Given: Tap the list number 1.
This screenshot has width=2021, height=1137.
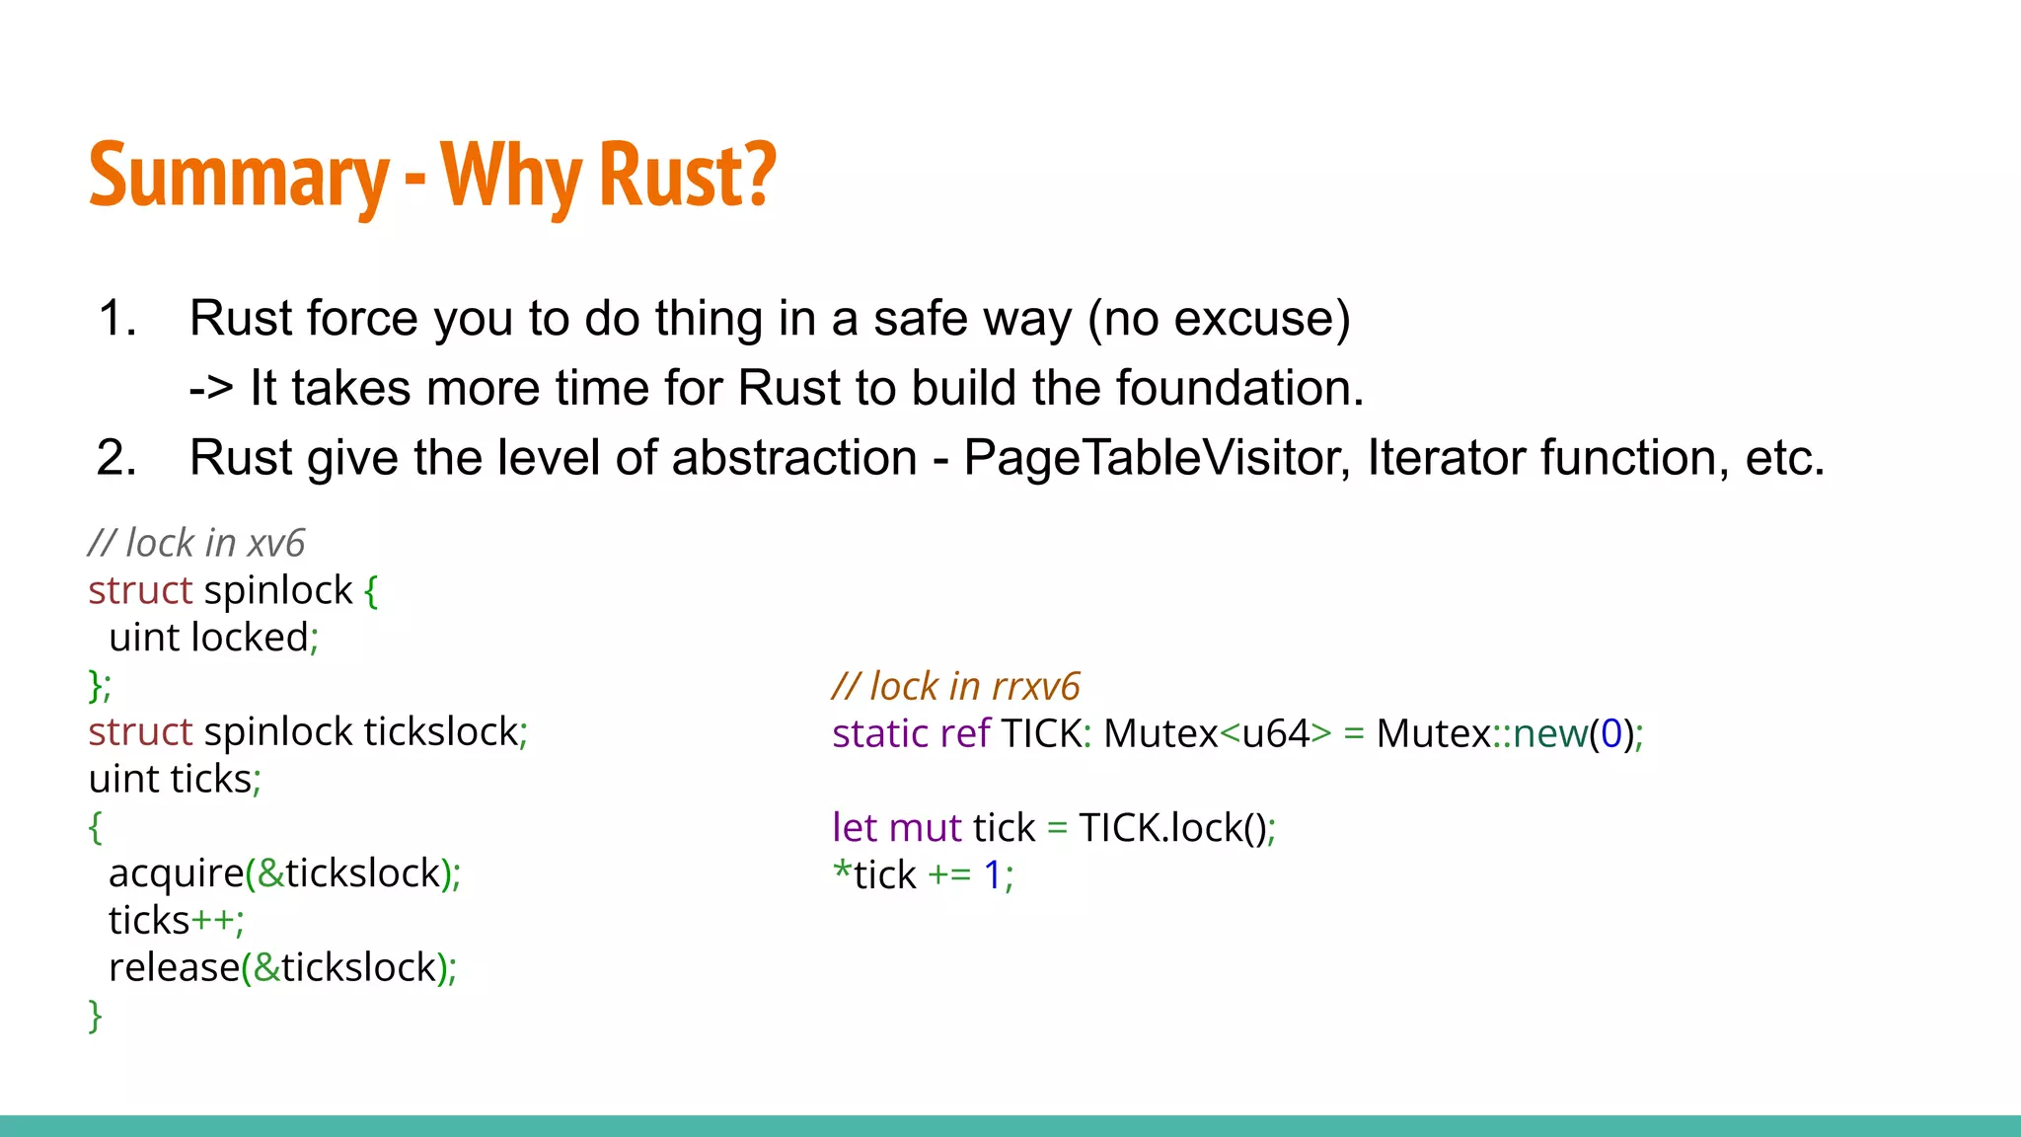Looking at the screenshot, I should click(x=116, y=319).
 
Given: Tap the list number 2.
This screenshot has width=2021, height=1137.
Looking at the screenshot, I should click(x=116, y=458).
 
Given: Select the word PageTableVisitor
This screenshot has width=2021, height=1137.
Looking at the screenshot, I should click(x=1156, y=458).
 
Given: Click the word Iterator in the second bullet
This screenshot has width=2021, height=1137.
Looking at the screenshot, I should click(x=1445, y=458).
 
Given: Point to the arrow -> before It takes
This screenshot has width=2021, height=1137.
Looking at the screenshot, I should click(x=210, y=388).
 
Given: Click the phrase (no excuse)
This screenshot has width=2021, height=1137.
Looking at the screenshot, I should click(x=1219, y=319).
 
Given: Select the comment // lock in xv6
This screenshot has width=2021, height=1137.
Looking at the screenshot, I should click(x=196, y=543).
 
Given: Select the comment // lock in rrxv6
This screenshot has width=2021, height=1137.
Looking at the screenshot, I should click(x=955, y=686).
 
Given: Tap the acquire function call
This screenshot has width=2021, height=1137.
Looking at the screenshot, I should click(x=176, y=873).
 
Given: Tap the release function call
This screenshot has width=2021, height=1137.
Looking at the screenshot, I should click(x=174, y=968).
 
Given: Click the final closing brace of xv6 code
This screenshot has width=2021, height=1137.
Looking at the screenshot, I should click(x=95, y=1016).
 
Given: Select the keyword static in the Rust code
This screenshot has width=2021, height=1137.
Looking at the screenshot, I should click(x=879, y=733).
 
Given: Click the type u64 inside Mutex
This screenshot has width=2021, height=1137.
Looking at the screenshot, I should click(x=1275, y=733).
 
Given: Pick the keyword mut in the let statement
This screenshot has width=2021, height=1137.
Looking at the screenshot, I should click(x=925, y=828).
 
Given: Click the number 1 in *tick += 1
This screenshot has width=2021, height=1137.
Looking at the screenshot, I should click(x=993, y=875).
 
